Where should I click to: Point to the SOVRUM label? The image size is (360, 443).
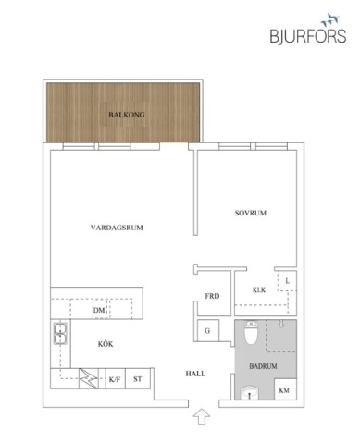pyautogui.click(x=250, y=214)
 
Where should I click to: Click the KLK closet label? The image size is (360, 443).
pyautogui.click(x=258, y=290)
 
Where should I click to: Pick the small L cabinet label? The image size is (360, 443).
pyautogui.click(x=288, y=280)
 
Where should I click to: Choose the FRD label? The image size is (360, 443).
pyautogui.click(x=211, y=297)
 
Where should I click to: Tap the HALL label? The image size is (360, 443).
pyautogui.click(x=194, y=374)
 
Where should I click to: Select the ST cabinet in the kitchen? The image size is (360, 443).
pyautogui.click(x=138, y=379)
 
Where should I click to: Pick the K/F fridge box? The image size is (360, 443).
pyautogui.click(x=115, y=379)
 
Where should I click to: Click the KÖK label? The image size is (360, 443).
pyautogui.click(x=106, y=345)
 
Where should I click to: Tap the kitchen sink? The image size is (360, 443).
pyautogui.click(x=59, y=333)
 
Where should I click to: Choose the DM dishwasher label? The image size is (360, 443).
pyautogui.click(x=98, y=312)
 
